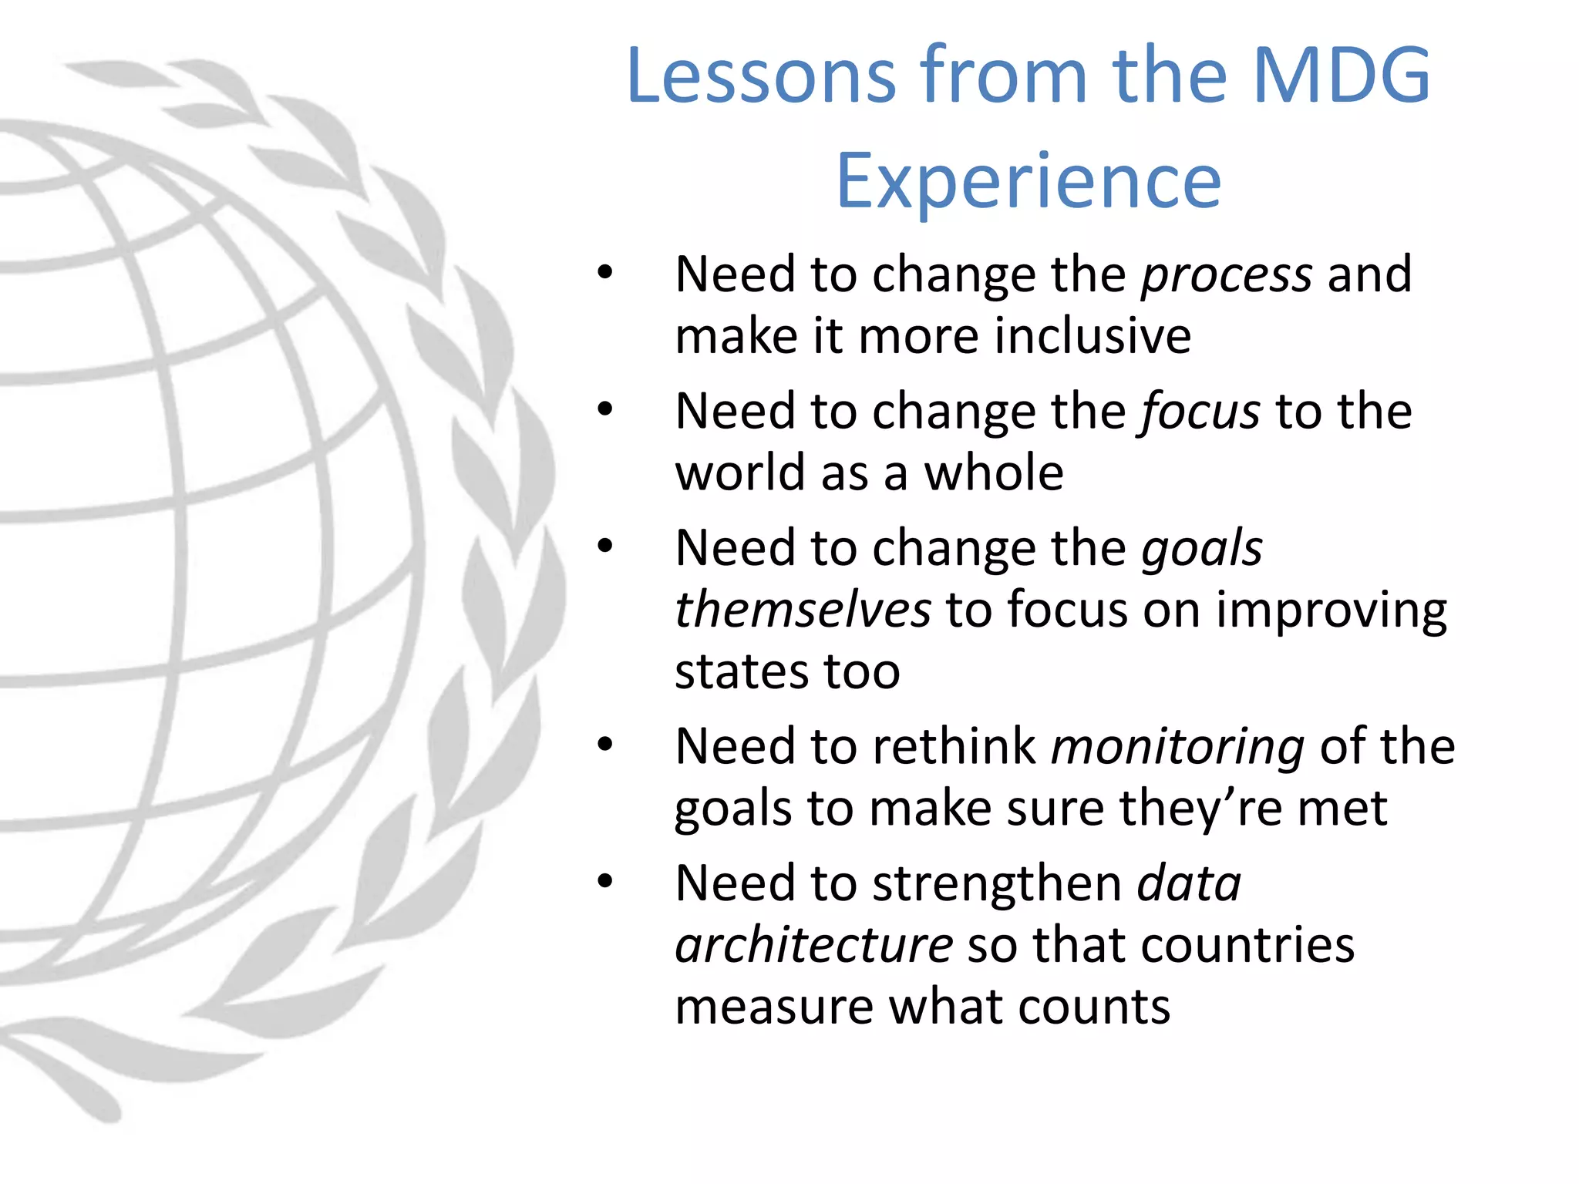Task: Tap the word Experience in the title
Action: coord(1029,181)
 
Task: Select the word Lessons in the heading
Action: coord(762,76)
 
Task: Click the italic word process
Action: coord(1226,275)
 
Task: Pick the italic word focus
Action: coord(1200,411)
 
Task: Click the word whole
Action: coord(994,473)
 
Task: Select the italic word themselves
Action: coord(803,610)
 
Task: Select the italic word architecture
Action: coord(814,945)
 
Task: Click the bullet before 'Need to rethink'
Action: coord(605,745)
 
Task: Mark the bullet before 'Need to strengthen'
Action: coord(605,881)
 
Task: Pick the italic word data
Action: coord(1189,883)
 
